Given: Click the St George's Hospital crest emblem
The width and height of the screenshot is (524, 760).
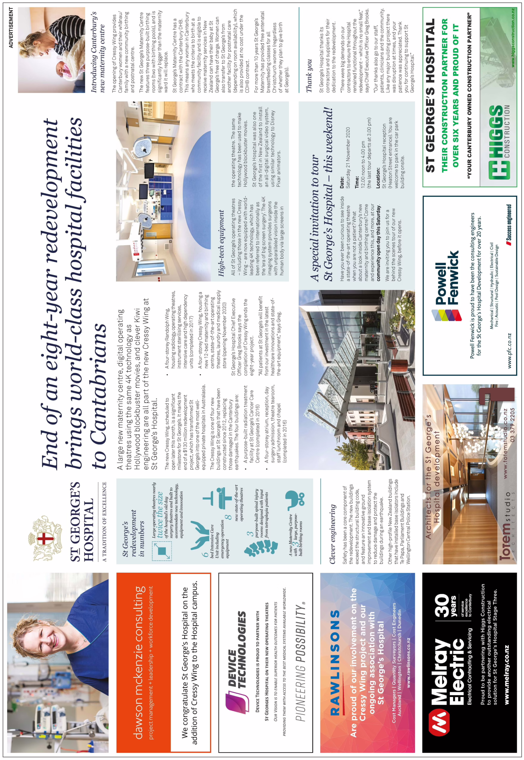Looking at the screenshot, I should (x=45, y=538).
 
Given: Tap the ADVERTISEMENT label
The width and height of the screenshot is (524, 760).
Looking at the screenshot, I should (x=11, y=28).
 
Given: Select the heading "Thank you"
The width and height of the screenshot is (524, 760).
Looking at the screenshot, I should (x=309, y=75).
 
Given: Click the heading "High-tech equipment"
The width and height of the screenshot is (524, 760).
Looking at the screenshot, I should (x=222, y=243).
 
